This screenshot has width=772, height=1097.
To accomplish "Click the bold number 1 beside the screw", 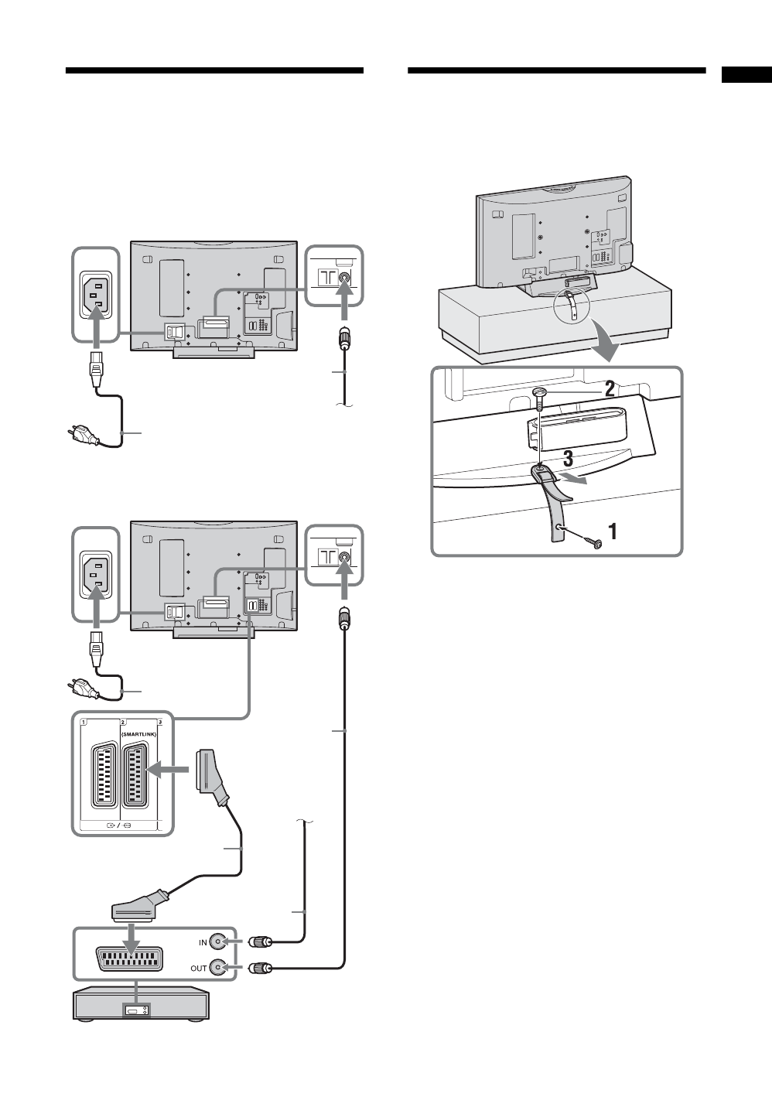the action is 613,531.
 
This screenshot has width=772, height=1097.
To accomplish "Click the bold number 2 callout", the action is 610,389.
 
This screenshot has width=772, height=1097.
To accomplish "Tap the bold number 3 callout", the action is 567,459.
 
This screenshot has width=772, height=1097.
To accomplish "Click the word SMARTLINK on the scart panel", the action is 139,734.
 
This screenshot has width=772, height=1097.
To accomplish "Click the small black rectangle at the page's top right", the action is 746,74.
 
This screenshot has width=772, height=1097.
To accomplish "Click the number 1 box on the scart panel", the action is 84,722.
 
